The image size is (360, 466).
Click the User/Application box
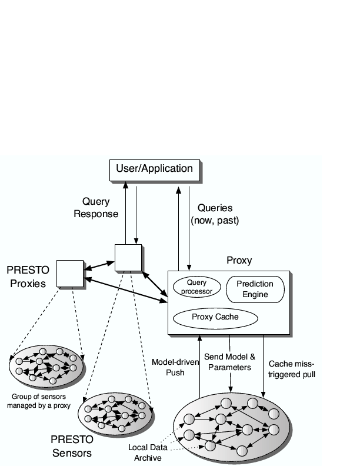(154, 169)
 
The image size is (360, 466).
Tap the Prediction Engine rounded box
(255, 289)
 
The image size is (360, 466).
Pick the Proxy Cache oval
(215, 317)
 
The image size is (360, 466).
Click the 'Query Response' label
(96, 208)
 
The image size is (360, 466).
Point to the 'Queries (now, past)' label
(215, 214)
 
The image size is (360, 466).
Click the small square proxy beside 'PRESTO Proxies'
(70, 273)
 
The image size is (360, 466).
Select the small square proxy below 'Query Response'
(128, 257)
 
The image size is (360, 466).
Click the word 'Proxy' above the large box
(239, 260)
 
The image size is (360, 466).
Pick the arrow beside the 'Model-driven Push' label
(199, 365)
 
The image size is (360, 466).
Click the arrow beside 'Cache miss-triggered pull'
(263, 365)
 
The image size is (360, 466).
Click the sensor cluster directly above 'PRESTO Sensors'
(117, 414)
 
